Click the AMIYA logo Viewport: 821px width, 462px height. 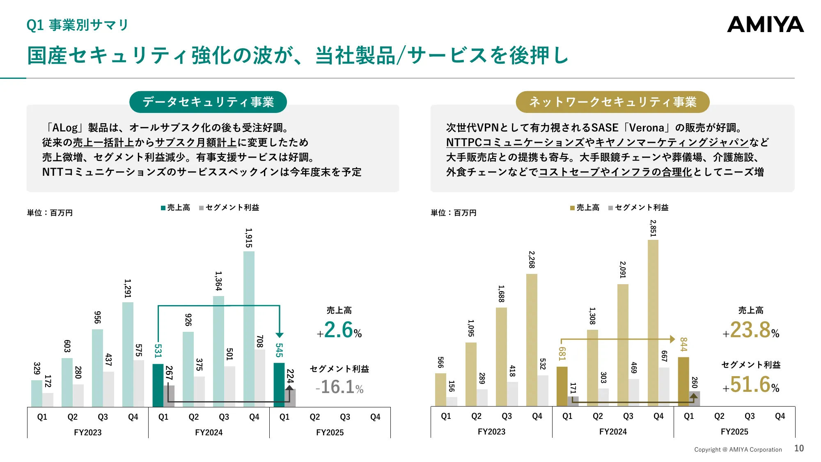(x=765, y=25)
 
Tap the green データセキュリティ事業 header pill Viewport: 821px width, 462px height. (x=208, y=102)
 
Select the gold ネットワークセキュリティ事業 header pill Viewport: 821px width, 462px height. (x=612, y=102)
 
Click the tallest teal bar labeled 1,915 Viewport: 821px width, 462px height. (x=249, y=329)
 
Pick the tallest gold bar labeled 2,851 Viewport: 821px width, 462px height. (x=653, y=322)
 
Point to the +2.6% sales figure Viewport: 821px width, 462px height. (x=339, y=330)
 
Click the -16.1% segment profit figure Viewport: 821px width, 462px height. (x=339, y=387)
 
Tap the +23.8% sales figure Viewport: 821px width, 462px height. (x=751, y=330)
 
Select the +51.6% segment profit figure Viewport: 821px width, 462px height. (x=751, y=385)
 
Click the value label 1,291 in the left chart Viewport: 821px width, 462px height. (x=128, y=288)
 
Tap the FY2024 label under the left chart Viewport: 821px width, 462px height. (x=209, y=432)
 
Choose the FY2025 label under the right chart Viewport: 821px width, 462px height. (x=734, y=432)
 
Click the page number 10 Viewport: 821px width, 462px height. (x=799, y=448)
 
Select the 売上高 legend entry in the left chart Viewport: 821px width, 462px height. (x=176, y=208)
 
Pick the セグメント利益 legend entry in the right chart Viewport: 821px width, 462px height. (x=639, y=208)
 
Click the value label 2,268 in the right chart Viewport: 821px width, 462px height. (x=532, y=260)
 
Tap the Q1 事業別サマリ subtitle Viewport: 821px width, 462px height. (x=78, y=25)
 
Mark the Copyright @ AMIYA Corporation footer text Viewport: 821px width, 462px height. (x=738, y=450)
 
